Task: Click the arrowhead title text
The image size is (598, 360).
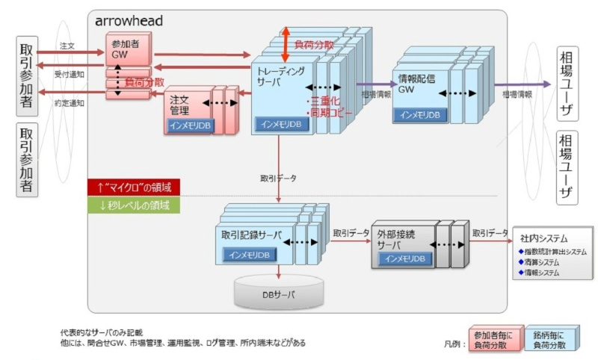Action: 129,21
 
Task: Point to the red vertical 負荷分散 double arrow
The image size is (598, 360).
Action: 285,46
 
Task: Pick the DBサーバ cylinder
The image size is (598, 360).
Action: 278,294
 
